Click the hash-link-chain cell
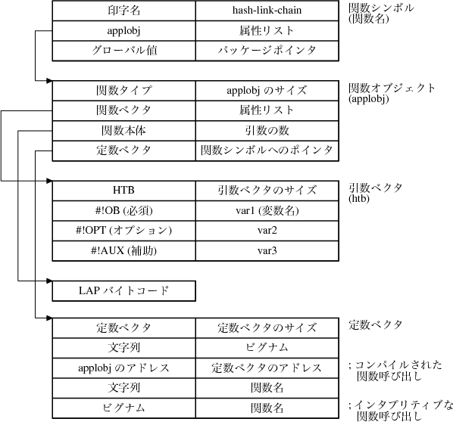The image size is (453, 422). coord(267,12)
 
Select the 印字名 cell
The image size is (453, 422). coord(123,12)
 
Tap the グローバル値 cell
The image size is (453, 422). coord(123,50)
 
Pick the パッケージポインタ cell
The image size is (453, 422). coord(267,50)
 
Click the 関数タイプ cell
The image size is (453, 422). coord(123,91)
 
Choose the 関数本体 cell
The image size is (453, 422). coord(123,130)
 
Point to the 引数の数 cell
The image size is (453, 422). coord(267,130)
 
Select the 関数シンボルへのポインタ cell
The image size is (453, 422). coord(267,150)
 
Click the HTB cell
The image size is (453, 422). coord(123,190)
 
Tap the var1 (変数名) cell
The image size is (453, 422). coord(267,210)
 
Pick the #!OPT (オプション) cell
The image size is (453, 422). coord(123,230)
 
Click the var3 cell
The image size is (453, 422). coord(267,250)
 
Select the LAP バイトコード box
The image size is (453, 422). coord(123,290)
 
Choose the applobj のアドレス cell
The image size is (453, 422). coord(123,368)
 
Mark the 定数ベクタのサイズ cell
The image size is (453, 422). coord(267,328)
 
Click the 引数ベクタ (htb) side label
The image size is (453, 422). coord(370,193)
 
